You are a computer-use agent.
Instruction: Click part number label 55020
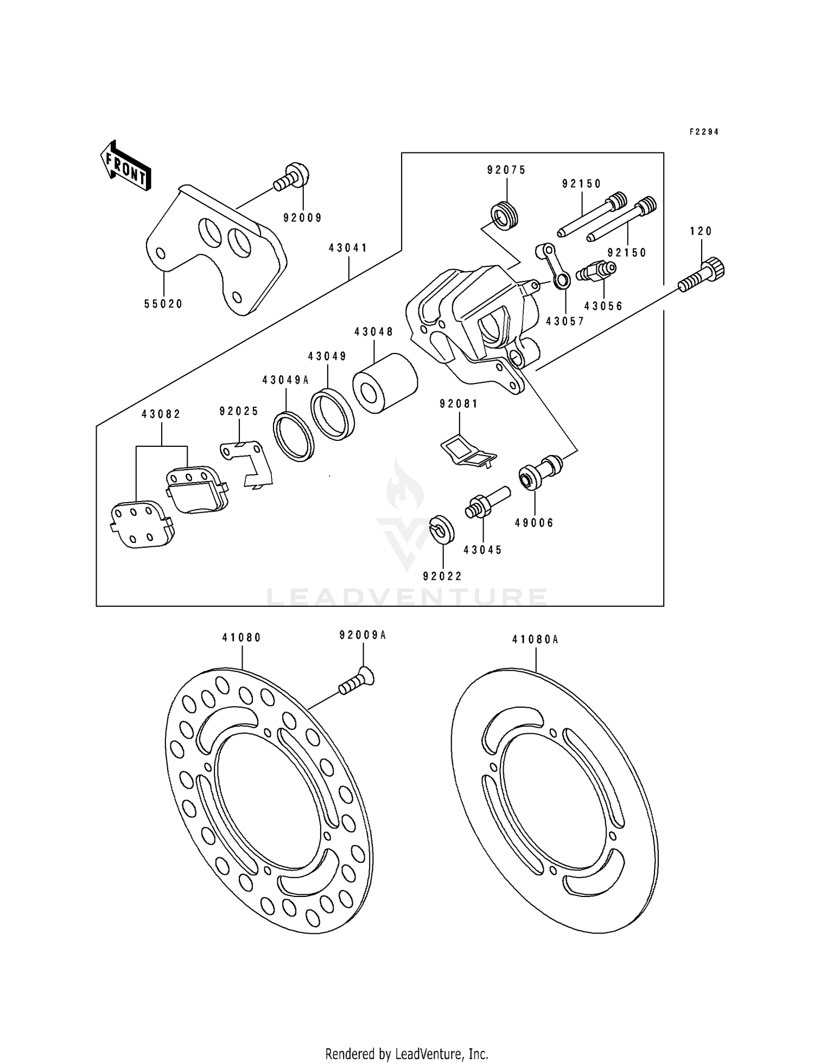pos(163,304)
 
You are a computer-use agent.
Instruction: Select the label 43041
pos(348,248)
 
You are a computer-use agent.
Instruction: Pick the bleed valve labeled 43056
pos(596,271)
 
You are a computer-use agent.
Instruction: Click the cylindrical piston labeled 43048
pos(385,383)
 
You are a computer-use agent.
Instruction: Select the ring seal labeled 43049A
pos(294,437)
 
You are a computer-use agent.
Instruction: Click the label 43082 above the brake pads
pos(161,414)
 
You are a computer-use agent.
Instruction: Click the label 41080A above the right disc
pos(535,640)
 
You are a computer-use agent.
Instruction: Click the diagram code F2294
pos(704,132)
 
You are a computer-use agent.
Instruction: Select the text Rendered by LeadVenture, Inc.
pos(406,1054)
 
